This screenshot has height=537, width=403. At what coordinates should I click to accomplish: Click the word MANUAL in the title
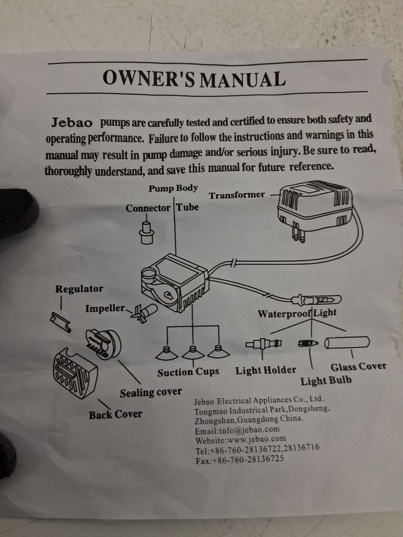tap(242, 79)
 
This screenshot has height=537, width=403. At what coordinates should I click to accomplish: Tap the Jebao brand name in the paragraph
tap(72, 123)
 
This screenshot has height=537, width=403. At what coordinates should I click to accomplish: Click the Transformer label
tap(237, 195)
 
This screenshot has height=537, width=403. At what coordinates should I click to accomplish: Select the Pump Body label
tap(173, 188)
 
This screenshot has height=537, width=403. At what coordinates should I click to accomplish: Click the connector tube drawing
tap(147, 233)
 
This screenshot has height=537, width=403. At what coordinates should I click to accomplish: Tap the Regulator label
tap(79, 289)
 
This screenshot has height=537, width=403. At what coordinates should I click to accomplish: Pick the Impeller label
tap(105, 308)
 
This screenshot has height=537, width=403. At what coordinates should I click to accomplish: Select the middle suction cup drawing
tap(193, 353)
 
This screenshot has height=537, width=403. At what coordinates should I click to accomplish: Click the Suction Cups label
tap(188, 373)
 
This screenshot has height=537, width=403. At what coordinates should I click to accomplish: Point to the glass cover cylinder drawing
tap(347, 342)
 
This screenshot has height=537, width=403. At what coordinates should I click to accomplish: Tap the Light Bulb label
tap(326, 381)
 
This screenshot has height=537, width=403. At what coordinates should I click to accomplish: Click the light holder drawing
tap(264, 343)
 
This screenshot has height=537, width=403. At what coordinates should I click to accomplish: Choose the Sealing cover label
tap(151, 393)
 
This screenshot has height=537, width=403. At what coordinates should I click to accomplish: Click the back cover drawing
tap(75, 373)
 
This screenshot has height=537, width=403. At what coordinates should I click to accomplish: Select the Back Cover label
tap(115, 414)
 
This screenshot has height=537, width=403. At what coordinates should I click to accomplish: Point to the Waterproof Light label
tap(297, 313)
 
